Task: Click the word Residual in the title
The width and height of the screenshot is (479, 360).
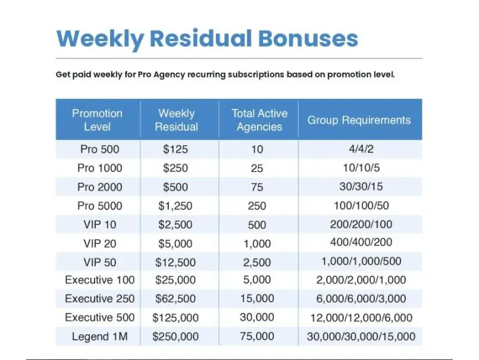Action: pyautogui.click(x=201, y=38)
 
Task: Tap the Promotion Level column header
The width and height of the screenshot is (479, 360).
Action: pyautogui.click(x=97, y=120)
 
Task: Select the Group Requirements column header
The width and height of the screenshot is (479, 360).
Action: pyautogui.click(x=359, y=120)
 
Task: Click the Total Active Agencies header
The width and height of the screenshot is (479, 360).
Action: pyautogui.click(x=259, y=120)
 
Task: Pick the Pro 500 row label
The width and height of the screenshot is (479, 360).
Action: pyautogui.click(x=99, y=149)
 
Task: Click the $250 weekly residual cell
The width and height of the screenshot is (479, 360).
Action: pyautogui.click(x=176, y=168)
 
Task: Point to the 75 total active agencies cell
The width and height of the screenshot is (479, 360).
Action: pyautogui.click(x=257, y=187)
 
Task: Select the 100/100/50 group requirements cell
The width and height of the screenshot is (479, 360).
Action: pyautogui.click(x=361, y=205)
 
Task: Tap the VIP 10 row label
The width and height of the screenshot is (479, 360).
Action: pyautogui.click(x=99, y=224)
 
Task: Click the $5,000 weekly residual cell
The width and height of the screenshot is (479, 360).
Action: pyautogui.click(x=176, y=243)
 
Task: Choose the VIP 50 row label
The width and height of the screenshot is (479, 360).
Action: pyautogui.click(x=99, y=262)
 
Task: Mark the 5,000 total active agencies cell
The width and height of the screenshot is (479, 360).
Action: pyautogui.click(x=257, y=280)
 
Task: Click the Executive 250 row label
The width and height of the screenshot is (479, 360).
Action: pyautogui.click(x=99, y=299)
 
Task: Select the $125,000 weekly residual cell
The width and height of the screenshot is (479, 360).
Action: pyautogui.click(x=176, y=318)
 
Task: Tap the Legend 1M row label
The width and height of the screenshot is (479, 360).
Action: pyautogui.click(x=99, y=336)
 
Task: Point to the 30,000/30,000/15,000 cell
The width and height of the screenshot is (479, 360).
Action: pyautogui.click(x=361, y=336)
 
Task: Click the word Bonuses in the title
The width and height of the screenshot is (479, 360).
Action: pyautogui.click(x=308, y=38)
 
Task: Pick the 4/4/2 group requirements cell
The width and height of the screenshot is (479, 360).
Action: pyautogui.click(x=361, y=149)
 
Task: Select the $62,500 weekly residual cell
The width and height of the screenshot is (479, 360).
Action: pyautogui.click(x=176, y=299)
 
